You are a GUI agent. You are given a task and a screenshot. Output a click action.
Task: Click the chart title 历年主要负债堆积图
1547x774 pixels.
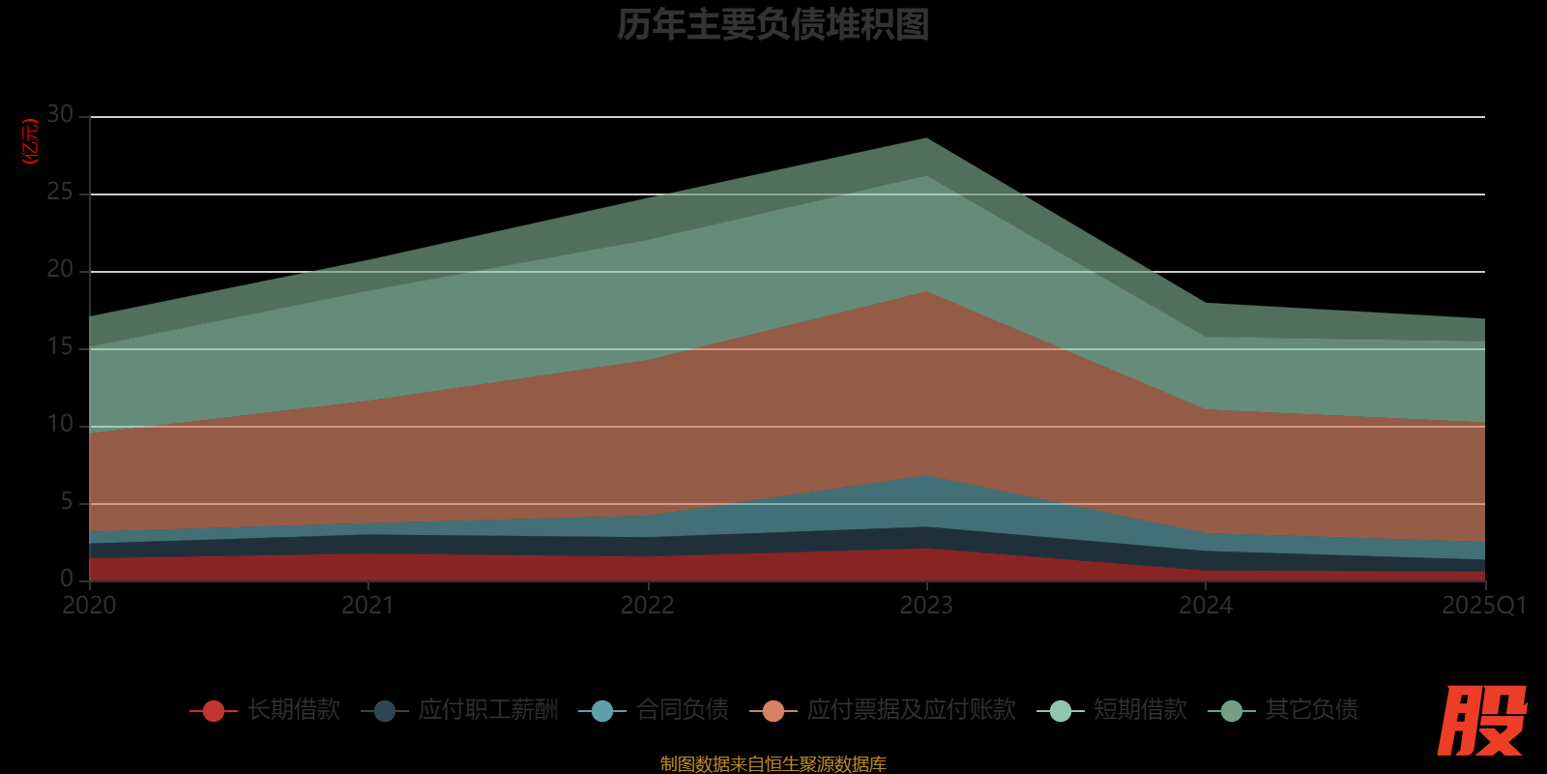click(x=773, y=25)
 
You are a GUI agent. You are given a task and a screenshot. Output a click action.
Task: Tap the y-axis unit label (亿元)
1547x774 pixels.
click(x=31, y=141)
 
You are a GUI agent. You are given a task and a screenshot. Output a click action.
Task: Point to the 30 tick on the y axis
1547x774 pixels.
click(x=60, y=115)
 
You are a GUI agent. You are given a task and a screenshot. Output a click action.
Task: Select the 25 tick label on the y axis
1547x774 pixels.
click(x=60, y=193)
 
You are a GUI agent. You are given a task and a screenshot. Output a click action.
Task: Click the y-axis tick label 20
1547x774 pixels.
click(x=60, y=270)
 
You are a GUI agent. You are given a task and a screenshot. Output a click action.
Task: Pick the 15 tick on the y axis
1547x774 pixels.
click(x=60, y=347)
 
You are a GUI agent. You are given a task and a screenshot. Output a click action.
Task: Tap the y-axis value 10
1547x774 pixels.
click(x=60, y=425)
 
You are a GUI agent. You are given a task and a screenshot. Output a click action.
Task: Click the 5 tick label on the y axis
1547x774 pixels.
click(x=67, y=502)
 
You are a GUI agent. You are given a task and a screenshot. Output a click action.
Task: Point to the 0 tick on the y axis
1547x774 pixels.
click(x=67, y=580)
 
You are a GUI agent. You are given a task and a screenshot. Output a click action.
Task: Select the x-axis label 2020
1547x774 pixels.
click(x=89, y=606)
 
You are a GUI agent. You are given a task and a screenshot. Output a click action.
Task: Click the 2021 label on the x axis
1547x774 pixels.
click(x=368, y=606)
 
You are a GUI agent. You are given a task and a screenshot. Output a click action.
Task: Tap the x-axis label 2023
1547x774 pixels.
click(x=926, y=606)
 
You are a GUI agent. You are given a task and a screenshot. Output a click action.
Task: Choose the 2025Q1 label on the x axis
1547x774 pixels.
click(x=1483, y=606)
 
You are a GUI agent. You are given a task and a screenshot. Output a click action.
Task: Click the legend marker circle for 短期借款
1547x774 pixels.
click(x=1061, y=711)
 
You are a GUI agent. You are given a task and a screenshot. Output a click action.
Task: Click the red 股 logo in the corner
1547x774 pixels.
click(x=1481, y=721)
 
